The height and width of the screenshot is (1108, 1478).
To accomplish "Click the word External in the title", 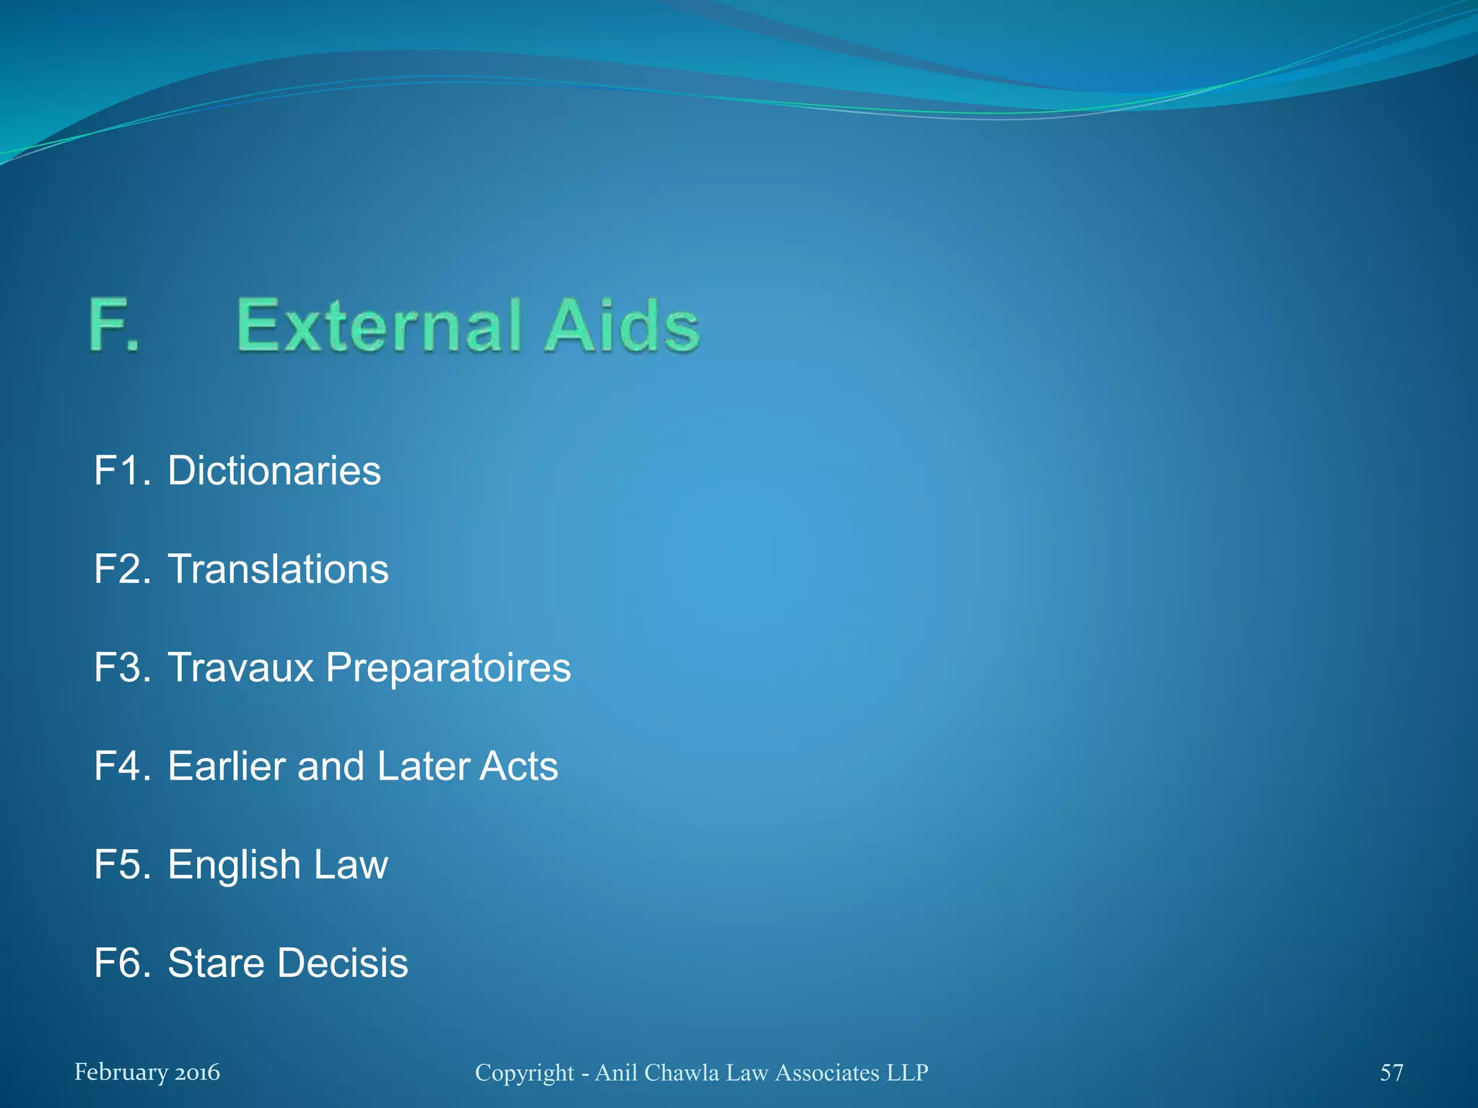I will click(x=378, y=326).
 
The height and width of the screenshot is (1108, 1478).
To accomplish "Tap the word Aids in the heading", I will click(x=622, y=326).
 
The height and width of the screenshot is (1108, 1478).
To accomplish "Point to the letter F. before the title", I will click(x=114, y=326).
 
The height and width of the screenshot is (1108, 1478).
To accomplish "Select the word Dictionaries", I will click(x=274, y=471).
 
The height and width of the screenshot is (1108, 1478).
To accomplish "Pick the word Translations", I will click(x=278, y=569).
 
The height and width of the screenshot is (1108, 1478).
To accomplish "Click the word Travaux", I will click(x=241, y=667).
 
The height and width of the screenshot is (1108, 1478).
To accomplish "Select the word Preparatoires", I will click(x=448, y=667).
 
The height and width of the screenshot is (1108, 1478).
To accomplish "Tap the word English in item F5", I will click(x=234, y=865).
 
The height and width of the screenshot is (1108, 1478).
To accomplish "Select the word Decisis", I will click(x=343, y=963).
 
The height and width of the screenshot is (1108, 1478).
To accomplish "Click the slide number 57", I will click(x=1391, y=1073).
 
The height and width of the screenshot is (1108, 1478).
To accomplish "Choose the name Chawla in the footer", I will click(x=681, y=1073).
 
